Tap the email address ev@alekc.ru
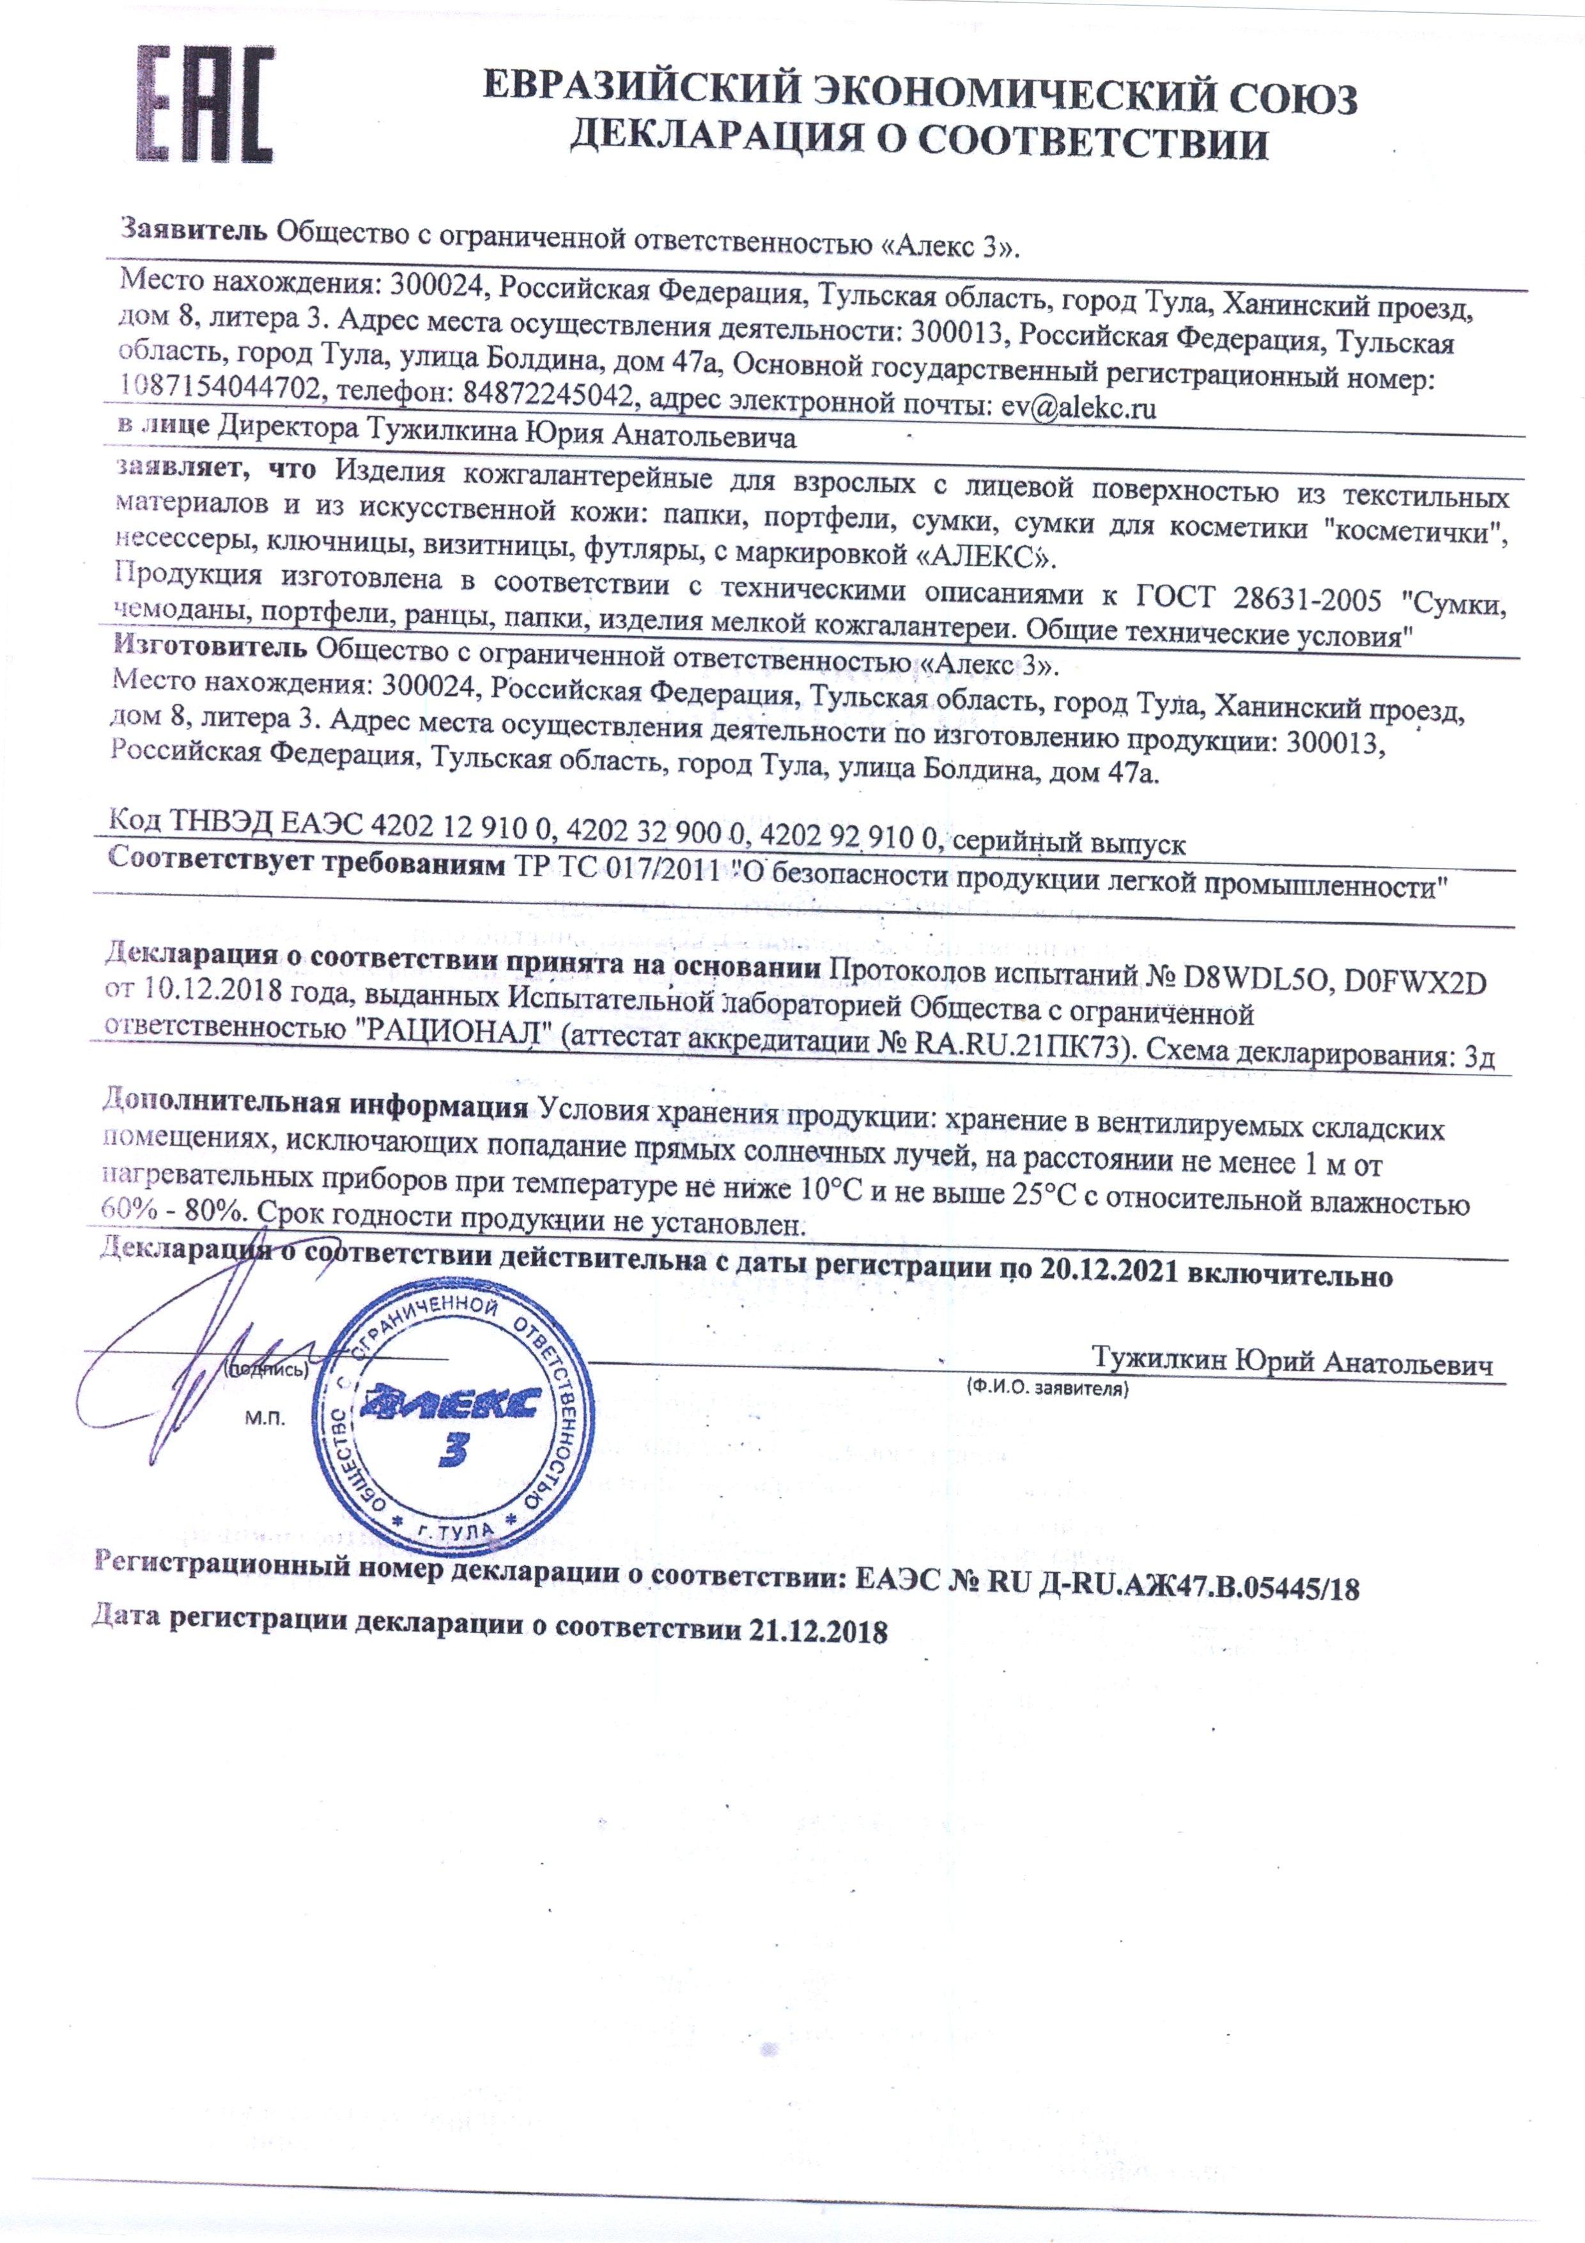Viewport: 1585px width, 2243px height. (1079, 407)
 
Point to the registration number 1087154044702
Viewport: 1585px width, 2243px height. (220, 390)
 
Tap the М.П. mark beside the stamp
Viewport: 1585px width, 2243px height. (265, 1420)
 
